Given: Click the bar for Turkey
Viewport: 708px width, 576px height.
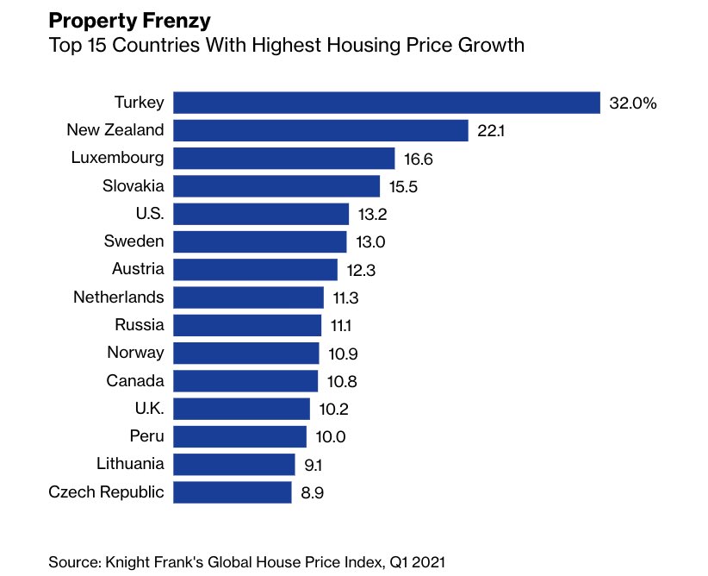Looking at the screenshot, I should coord(386,103).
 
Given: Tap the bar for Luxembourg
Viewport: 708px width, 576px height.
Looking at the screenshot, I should coord(284,159).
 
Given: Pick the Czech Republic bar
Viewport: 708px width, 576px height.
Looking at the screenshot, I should coord(233,492).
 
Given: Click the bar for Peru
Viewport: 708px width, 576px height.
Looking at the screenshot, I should coord(239,436).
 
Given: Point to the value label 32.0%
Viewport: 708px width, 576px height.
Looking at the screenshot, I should coord(633,103).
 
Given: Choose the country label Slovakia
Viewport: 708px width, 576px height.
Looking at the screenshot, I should coord(134,185).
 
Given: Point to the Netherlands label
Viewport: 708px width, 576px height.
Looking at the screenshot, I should coord(119,297).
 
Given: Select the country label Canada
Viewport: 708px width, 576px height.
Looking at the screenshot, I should coord(135,380).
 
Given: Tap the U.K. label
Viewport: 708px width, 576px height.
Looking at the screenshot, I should coord(147,408).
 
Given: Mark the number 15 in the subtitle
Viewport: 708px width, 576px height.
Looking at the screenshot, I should coord(94,45).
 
